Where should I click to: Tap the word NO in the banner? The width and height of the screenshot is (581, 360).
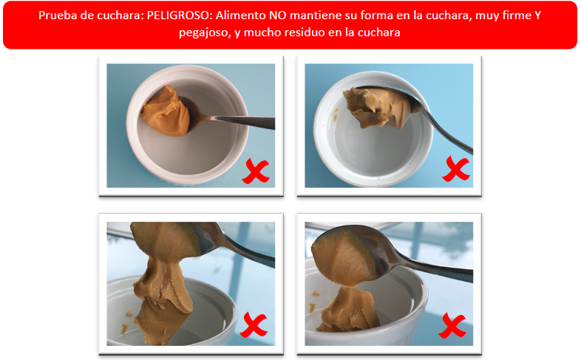pyautogui.click(x=278, y=16)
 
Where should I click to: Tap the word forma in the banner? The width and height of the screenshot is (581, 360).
pyautogui.click(x=376, y=16)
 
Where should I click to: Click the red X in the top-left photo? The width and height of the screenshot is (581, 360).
pyautogui.click(x=256, y=171)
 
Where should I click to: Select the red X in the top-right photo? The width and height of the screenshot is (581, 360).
pyautogui.click(x=456, y=169)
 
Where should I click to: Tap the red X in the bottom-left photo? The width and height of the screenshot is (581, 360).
pyautogui.click(x=254, y=325)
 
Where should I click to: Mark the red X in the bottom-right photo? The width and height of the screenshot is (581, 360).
pyautogui.click(x=452, y=325)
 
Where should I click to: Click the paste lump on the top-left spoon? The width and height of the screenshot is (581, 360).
pyautogui.click(x=166, y=111)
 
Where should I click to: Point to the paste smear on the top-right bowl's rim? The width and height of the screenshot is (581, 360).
pyautogui.click(x=336, y=115)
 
